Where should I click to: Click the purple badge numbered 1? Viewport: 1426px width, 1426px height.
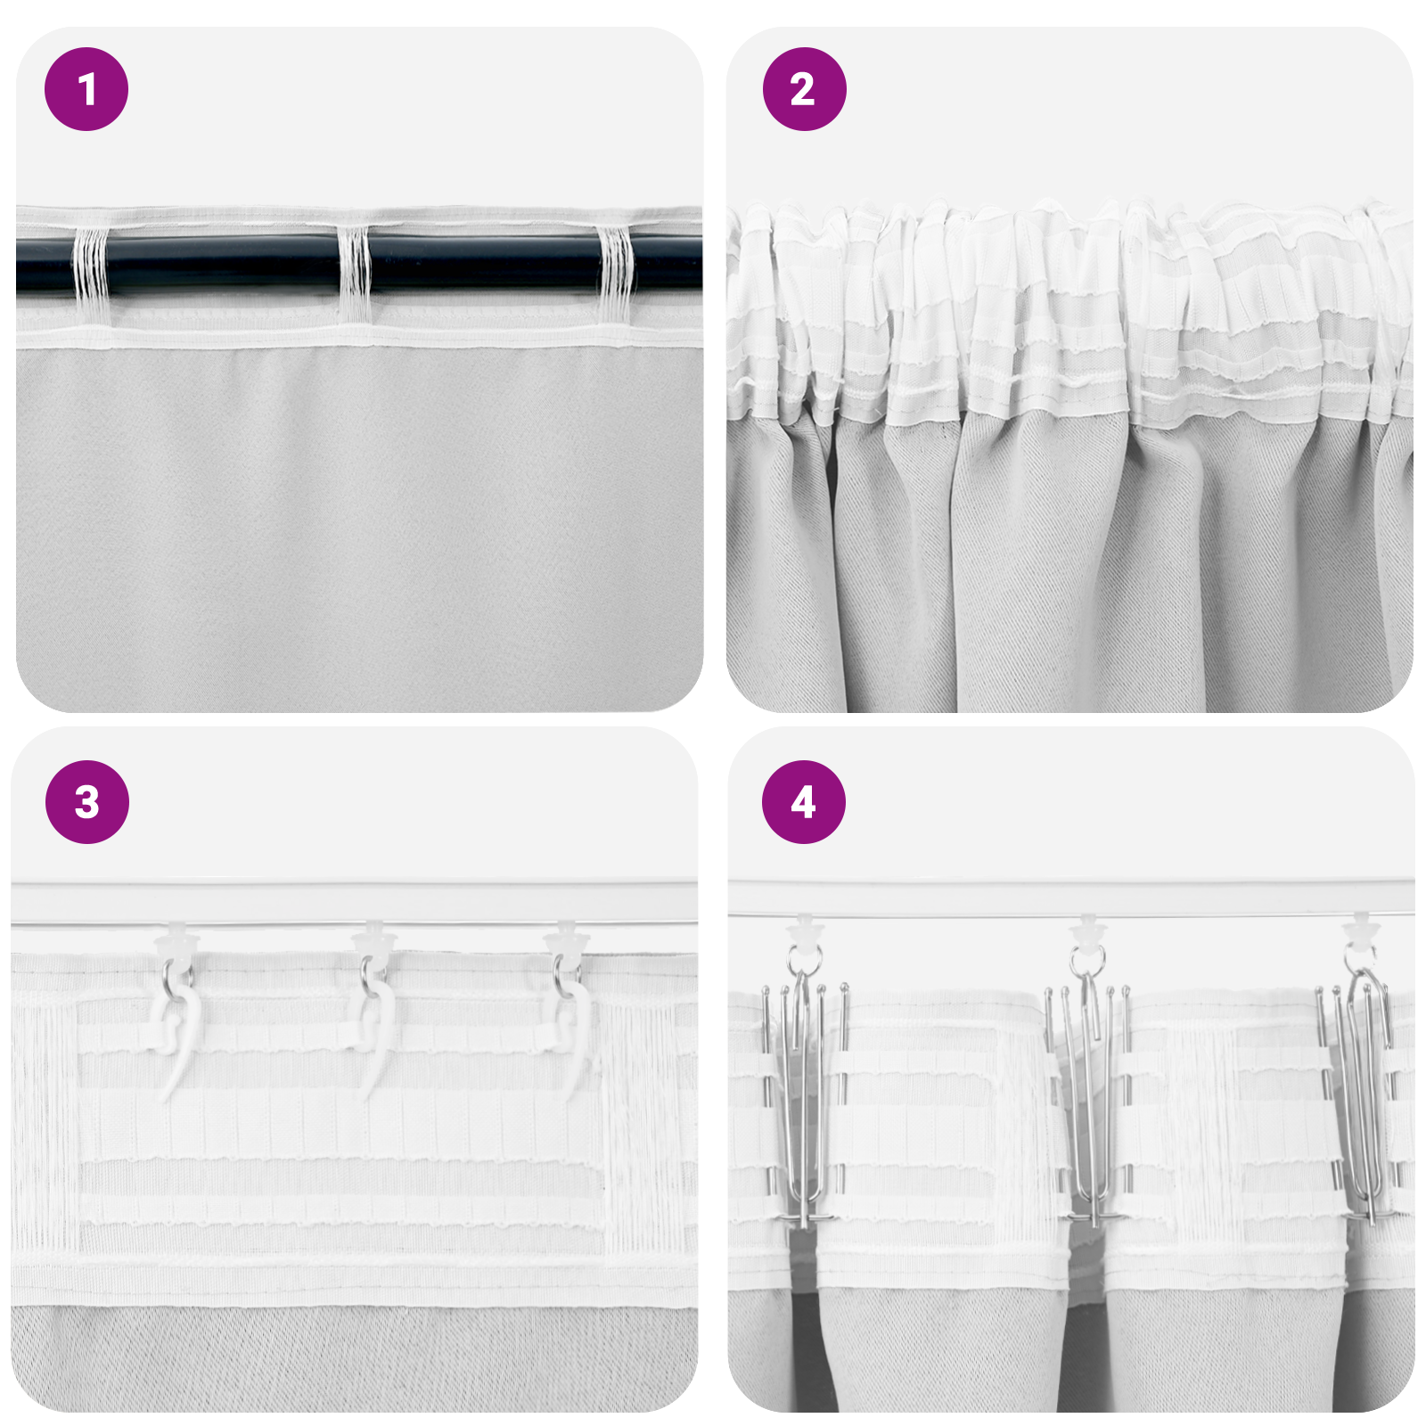tap(86, 89)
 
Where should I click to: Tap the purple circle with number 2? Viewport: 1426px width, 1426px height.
tap(804, 89)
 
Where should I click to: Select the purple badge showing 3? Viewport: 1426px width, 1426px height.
tap(86, 802)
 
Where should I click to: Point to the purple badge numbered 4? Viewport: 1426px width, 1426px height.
tap(804, 802)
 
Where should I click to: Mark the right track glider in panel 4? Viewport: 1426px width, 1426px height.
tap(1362, 931)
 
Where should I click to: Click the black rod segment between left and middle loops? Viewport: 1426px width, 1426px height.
tap(223, 266)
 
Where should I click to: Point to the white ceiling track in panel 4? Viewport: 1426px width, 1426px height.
tap(1070, 897)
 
